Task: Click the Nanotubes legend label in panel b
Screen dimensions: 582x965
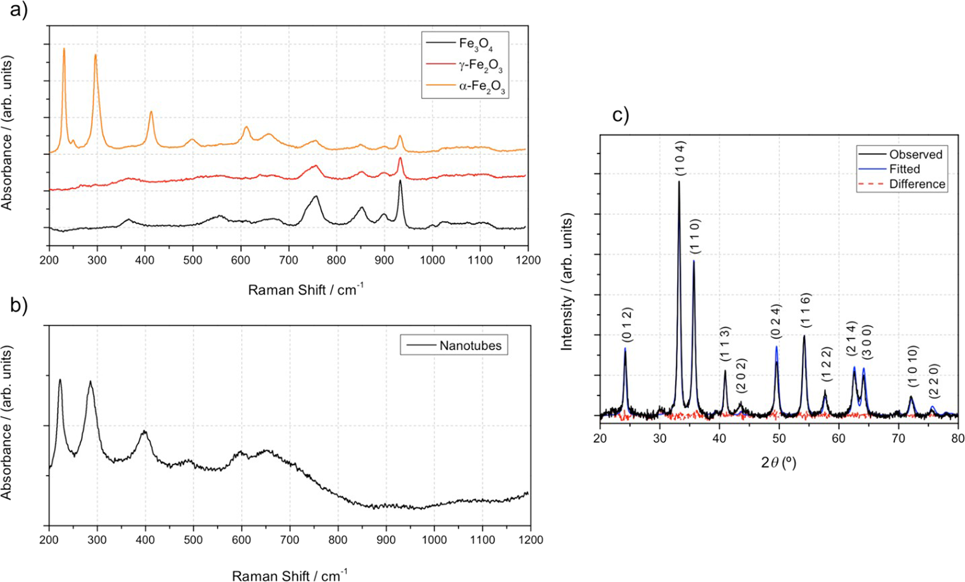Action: click(x=470, y=346)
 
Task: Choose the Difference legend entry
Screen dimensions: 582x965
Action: click(x=917, y=184)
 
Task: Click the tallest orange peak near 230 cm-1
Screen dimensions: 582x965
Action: click(x=64, y=49)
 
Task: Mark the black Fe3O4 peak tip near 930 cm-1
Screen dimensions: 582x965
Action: click(x=400, y=181)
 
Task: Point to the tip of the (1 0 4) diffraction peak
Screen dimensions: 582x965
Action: click(x=679, y=181)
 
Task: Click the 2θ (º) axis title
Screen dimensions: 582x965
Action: click(x=778, y=463)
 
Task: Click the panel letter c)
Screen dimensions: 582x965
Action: click(x=621, y=115)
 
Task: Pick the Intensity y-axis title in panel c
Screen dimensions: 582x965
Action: click(x=567, y=282)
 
